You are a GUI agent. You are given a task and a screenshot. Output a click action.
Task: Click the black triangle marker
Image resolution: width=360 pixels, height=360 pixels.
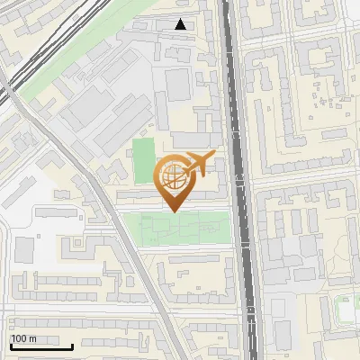[181, 24]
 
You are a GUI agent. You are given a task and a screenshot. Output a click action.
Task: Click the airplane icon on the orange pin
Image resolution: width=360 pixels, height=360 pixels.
[198, 164]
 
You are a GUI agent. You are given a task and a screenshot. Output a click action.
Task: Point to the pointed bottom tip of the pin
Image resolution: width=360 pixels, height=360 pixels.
[174, 211]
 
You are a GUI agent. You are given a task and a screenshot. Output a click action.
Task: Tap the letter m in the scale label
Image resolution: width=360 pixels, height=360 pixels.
[34, 338]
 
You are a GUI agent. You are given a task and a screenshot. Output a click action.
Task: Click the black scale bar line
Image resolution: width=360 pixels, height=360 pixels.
[40, 346]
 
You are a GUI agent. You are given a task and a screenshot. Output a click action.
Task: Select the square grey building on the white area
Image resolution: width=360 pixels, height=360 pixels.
[24, 248]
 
